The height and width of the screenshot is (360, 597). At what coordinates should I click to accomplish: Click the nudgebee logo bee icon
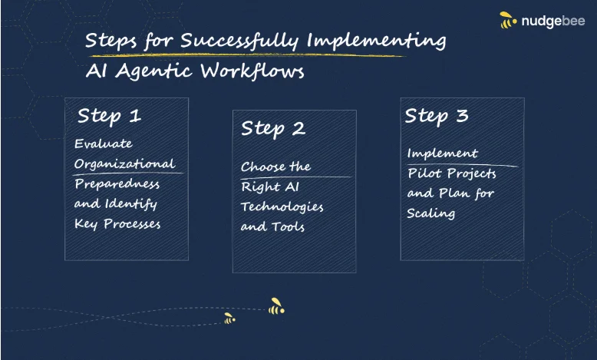coord(508,20)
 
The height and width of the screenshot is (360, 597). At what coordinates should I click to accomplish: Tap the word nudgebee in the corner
coord(553,21)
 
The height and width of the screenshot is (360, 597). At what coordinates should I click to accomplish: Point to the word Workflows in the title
coord(252,71)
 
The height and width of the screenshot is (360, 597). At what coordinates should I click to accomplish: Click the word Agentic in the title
coord(153,71)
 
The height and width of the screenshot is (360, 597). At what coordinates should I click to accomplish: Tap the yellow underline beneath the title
coord(246,55)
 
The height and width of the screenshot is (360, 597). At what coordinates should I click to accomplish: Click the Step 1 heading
coord(109,116)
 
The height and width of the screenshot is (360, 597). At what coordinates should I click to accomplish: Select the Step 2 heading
coord(273,128)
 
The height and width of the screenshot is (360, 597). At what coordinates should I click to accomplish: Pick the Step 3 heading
coord(437,116)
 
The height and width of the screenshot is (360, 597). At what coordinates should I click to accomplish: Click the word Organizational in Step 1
coord(124,163)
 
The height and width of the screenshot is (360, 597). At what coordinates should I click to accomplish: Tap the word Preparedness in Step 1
coord(117,184)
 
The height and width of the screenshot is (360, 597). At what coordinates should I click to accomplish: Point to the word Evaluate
coord(104,144)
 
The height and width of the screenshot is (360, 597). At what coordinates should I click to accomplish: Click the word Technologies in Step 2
coord(282,206)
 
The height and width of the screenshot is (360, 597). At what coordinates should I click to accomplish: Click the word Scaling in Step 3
coord(430,213)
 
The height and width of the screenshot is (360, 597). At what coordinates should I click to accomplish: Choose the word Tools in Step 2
coord(289,227)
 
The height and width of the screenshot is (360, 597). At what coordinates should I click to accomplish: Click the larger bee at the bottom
coord(276,306)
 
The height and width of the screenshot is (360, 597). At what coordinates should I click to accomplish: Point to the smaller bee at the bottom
coord(229,319)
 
